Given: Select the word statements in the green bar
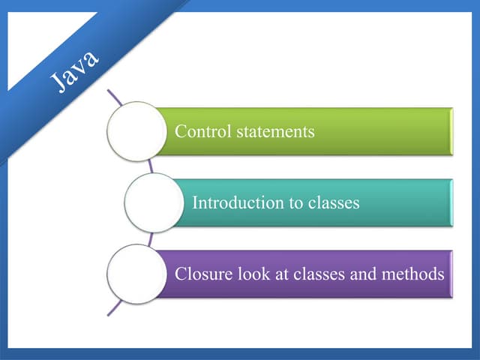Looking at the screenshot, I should click(x=274, y=131).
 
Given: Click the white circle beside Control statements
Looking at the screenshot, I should click(x=136, y=131).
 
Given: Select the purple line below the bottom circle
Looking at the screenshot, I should click(x=114, y=307).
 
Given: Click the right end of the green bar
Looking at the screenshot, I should click(x=449, y=131).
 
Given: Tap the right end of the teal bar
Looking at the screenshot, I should click(x=449, y=202).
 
